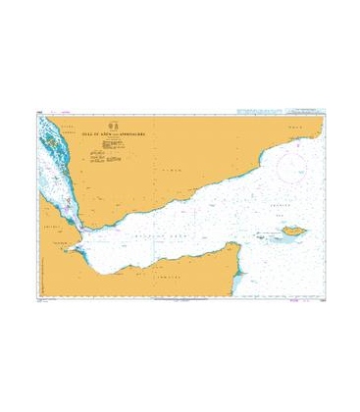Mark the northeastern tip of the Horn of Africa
[241, 246]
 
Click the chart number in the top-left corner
[37, 118]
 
